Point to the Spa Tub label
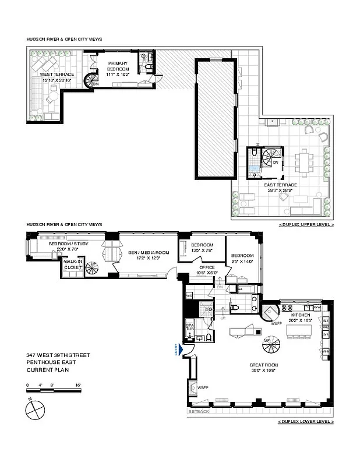click(x=190, y=327)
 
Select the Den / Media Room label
click(x=149, y=255)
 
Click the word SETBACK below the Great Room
click(x=198, y=412)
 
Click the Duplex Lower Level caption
click(x=306, y=421)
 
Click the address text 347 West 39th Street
click(x=58, y=355)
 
